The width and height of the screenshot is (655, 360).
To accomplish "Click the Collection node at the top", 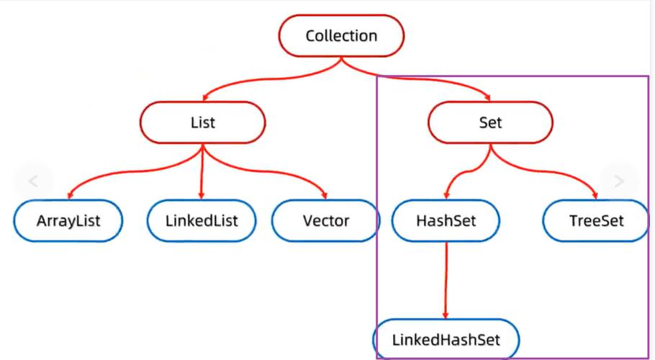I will point(341,36).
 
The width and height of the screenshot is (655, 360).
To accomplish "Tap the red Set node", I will point(490,122).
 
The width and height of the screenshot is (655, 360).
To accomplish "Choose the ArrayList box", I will point(68,220).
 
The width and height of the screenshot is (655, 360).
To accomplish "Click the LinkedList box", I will point(202,220).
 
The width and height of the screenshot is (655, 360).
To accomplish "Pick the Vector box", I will point(325,220).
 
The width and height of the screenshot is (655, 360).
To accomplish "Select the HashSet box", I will point(445,220).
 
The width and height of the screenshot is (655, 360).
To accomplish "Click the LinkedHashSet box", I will point(446,338).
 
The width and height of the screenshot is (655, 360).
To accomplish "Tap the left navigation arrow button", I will point(32,181).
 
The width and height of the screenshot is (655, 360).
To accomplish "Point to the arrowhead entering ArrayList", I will point(70,194).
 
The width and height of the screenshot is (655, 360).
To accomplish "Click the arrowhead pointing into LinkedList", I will point(202,194).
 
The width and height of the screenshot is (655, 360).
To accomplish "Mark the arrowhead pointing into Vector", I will point(325,194).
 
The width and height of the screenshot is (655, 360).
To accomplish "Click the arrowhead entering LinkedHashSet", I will point(446,314).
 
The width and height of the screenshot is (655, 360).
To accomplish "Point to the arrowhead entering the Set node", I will point(489,97).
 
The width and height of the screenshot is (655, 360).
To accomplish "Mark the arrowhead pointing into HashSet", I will point(446,194).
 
